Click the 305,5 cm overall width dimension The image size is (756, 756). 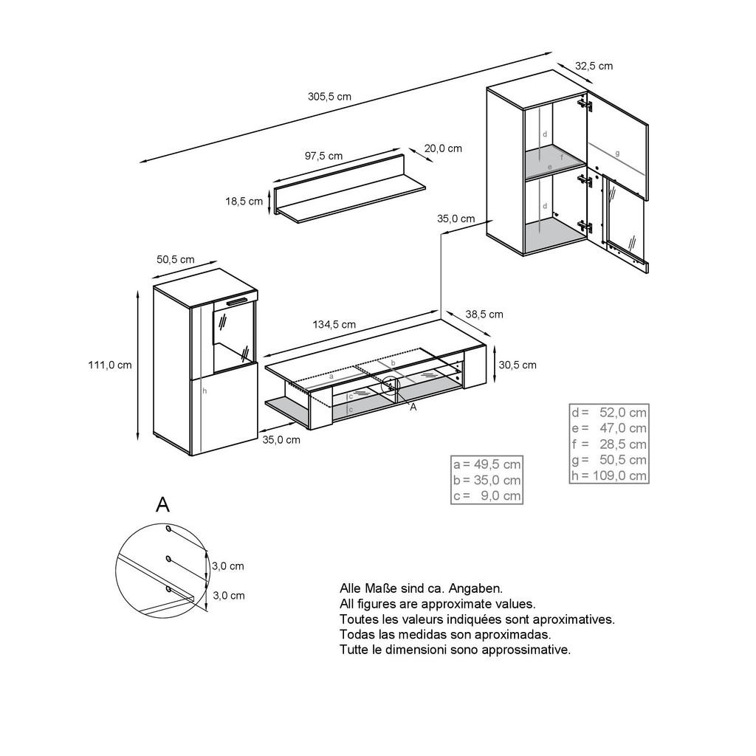pos(329,97)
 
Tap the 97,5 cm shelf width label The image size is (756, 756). pos(323,156)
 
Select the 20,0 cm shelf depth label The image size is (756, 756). pos(444,148)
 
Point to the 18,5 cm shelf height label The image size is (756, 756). pos(244,202)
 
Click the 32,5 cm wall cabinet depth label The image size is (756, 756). pos(594,66)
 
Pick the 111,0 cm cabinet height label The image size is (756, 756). pos(110,365)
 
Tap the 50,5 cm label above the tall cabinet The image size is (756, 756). pos(176,259)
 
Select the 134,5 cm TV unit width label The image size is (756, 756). pos(334,324)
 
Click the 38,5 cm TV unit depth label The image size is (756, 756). pos(484,315)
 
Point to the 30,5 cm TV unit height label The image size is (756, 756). pos(518,365)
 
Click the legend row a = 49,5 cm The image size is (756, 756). pos(487,464)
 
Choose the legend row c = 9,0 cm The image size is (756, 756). pos(487,496)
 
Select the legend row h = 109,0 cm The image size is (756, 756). pos(608,475)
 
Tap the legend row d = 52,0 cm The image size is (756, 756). pos(608,412)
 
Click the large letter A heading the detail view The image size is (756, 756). pos(162,505)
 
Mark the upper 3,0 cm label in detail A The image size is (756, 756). pos(227,566)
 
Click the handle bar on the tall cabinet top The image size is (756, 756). pos(237,301)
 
